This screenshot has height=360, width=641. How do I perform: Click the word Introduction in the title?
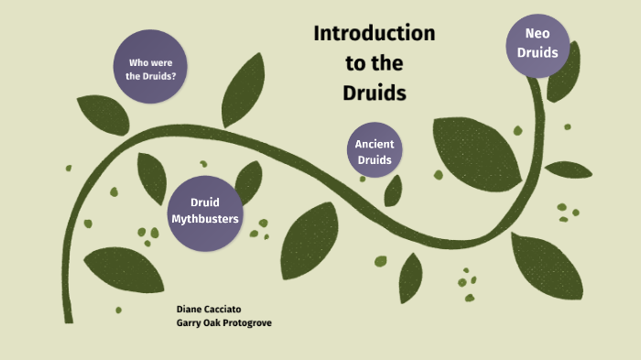(x=374, y=34)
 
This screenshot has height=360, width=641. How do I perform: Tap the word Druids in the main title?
(x=374, y=93)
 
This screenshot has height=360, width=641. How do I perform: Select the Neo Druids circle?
(x=538, y=43)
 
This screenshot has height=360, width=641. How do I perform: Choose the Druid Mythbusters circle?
(x=205, y=211)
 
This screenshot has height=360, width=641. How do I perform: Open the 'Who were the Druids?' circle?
(x=151, y=69)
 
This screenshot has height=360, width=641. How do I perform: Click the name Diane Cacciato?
(x=211, y=310)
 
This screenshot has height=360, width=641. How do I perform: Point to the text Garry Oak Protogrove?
(x=224, y=322)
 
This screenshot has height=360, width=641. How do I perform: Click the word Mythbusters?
(x=205, y=219)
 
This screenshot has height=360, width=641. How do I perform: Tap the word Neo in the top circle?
(x=538, y=34)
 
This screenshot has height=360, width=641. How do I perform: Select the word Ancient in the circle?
(x=374, y=144)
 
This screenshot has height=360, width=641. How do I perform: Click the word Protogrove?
(x=246, y=322)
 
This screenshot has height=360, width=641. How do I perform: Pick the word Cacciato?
(x=225, y=310)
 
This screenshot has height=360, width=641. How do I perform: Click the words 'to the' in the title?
(x=374, y=64)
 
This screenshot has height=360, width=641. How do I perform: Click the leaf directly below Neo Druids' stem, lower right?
(x=547, y=267)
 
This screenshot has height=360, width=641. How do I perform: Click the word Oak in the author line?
(x=212, y=322)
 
